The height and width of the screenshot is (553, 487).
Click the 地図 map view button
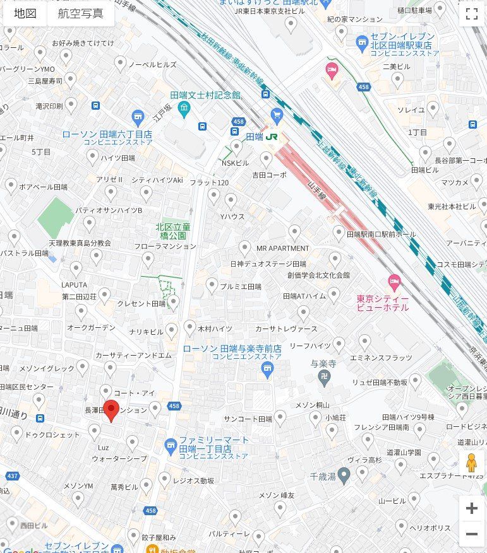point(25,13)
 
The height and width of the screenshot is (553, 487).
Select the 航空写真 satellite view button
point(80,13)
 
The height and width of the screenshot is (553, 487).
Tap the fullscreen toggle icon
point(471,14)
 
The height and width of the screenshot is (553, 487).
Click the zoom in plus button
point(471,508)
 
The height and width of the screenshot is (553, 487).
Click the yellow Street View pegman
point(471,463)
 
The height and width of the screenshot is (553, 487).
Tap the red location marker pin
point(112,410)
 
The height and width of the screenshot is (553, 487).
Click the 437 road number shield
point(12,476)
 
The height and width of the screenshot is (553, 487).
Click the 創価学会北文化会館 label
point(318,275)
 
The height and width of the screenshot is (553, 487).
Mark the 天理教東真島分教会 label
point(80,243)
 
